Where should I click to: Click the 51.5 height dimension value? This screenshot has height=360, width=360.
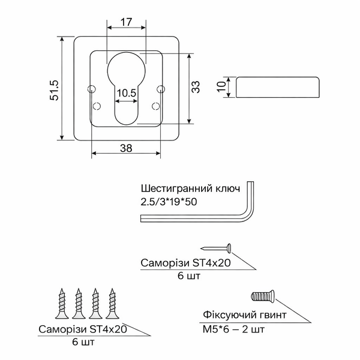point(55,90)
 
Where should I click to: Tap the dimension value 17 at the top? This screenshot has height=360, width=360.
point(126,22)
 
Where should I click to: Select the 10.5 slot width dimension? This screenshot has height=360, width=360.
point(127,93)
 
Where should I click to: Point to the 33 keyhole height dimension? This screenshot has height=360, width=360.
point(196,87)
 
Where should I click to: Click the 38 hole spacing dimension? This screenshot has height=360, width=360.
point(126,148)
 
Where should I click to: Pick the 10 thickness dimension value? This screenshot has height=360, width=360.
point(221,87)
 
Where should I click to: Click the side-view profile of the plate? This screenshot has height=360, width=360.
point(278,87)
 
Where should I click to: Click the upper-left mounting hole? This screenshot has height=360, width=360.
point(91,89)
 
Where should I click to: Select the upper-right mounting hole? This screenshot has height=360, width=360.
point(160,89)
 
